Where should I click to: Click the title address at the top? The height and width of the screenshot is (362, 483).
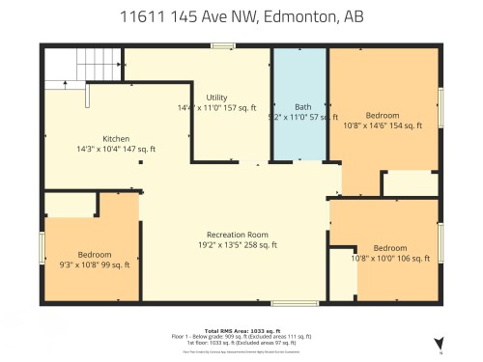pos(241,16)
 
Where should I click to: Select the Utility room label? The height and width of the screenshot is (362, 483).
pos(215,97)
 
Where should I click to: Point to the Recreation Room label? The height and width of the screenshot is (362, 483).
pos(237,235)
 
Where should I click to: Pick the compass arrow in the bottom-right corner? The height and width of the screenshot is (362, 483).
pos(439,343)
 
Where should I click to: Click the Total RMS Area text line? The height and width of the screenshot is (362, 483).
pos(241,330)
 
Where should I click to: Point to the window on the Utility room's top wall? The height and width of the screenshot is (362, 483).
pos(223,44)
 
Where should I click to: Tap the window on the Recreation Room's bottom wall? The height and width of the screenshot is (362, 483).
pos(288,303)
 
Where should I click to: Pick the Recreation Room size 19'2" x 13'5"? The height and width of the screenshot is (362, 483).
pos(237,245)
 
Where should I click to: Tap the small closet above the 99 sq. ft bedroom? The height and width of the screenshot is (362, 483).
pos(70,204)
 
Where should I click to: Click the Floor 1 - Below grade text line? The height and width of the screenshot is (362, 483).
pos(241,336)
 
